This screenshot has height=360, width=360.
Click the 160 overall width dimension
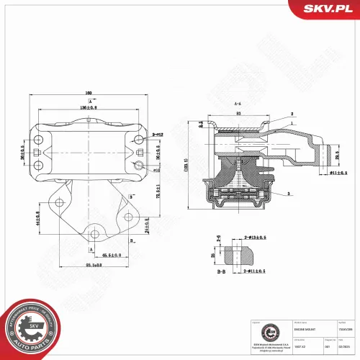click(x=89, y=92)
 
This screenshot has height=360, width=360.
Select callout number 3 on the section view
click(x=289, y=194)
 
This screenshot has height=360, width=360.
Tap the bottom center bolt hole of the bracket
click(x=92, y=233)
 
